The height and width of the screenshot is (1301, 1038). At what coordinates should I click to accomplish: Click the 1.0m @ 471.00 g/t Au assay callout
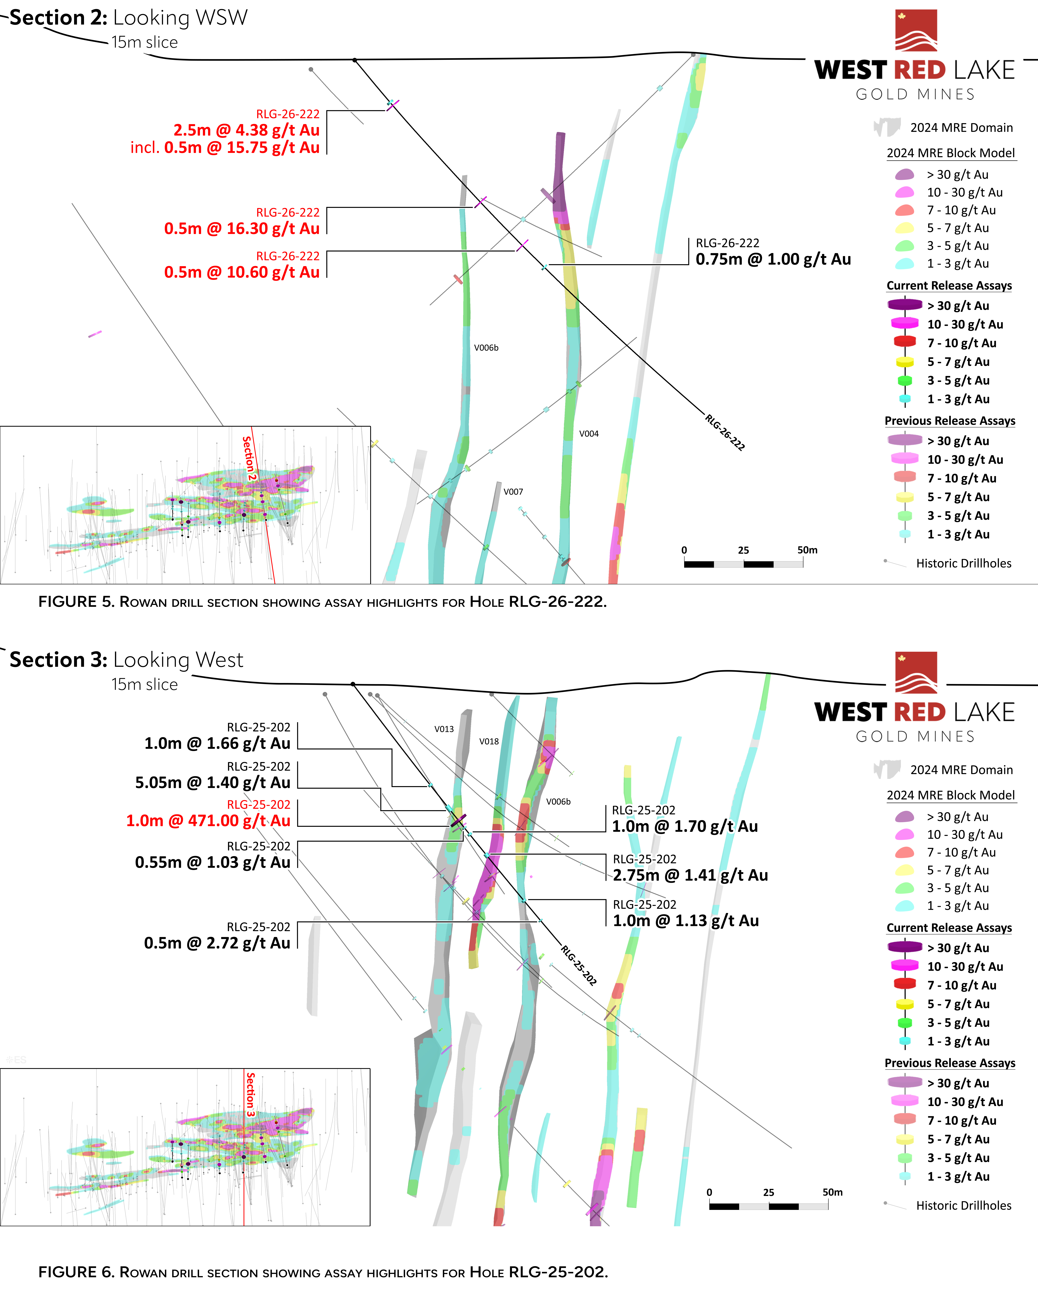click(x=208, y=821)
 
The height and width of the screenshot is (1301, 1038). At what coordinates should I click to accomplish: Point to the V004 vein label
click(x=589, y=434)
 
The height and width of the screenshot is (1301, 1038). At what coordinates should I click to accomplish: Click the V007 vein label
click(x=513, y=492)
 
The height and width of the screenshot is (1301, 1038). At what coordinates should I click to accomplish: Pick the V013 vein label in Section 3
click(x=444, y=729)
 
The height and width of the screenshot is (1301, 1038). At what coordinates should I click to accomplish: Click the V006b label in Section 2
click(x=486, y=348)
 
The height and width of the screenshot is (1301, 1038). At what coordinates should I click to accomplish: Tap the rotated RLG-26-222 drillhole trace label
click(x=725, y=432)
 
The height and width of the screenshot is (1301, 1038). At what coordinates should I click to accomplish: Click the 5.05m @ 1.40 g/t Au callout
click(x=212, y=783)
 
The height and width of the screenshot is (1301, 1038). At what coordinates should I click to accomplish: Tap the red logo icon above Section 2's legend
click(x=916, y=30)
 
